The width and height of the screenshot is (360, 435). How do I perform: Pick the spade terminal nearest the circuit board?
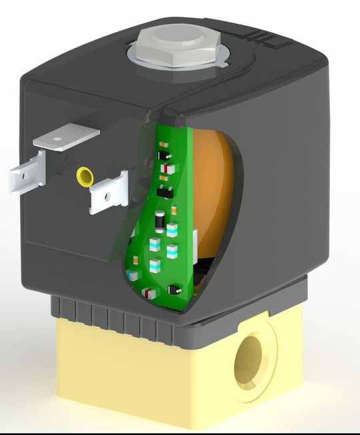pyautogui.click(x=109, y=193)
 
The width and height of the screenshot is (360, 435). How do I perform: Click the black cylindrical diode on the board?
pyautogui.click(x=160, y=220)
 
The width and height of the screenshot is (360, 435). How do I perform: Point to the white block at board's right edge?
pyautogui.click(x=194, y=237)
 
